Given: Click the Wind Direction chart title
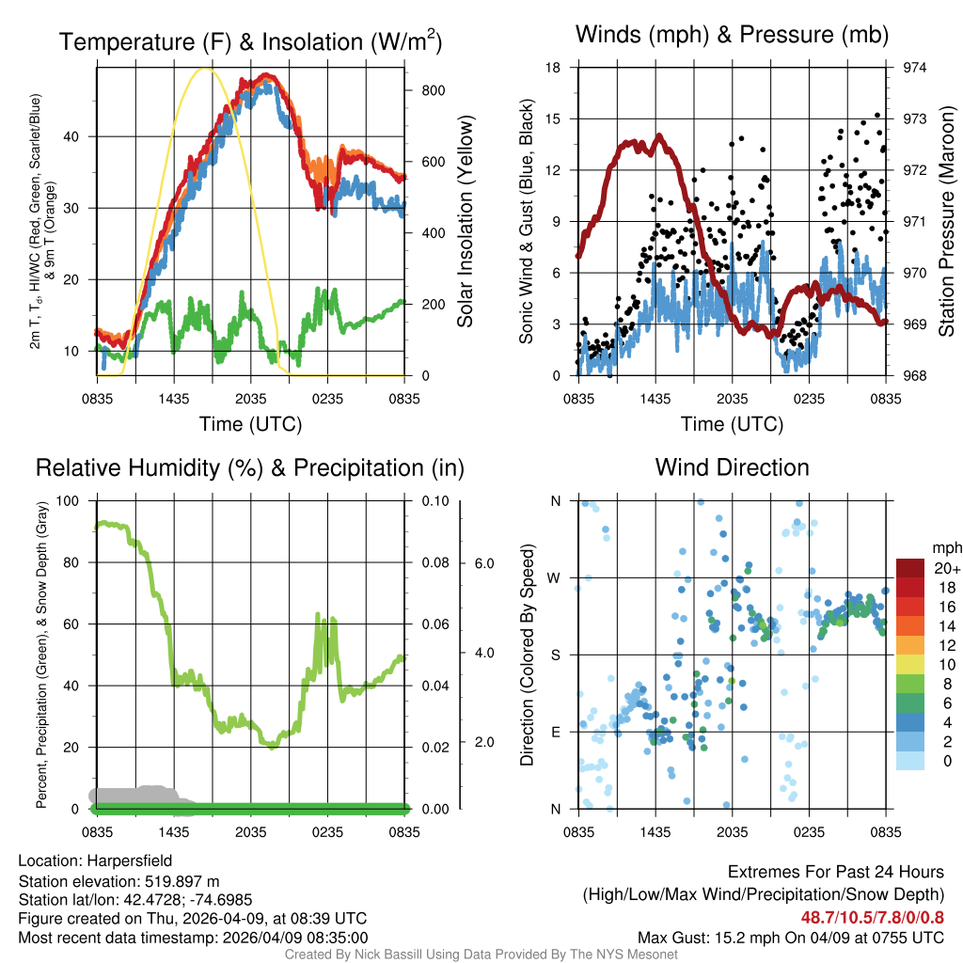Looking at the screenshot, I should [732, 467].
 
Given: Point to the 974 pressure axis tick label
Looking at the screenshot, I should [915, 68].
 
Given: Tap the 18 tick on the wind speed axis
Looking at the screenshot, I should [554, 68].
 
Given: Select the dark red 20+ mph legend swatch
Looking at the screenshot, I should [910, 569].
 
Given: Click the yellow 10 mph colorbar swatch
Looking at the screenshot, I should [910, 665].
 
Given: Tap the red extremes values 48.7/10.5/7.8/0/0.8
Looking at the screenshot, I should [873, 917].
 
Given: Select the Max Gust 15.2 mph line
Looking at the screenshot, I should [790, 938].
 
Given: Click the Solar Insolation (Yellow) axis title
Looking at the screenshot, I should [465, 222].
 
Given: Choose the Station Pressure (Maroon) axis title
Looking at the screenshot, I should [947, 222].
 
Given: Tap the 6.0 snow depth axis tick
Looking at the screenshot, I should [483, 563].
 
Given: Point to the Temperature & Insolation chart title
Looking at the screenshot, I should [250, 42].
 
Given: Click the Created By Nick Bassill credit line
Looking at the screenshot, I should [481, 955].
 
